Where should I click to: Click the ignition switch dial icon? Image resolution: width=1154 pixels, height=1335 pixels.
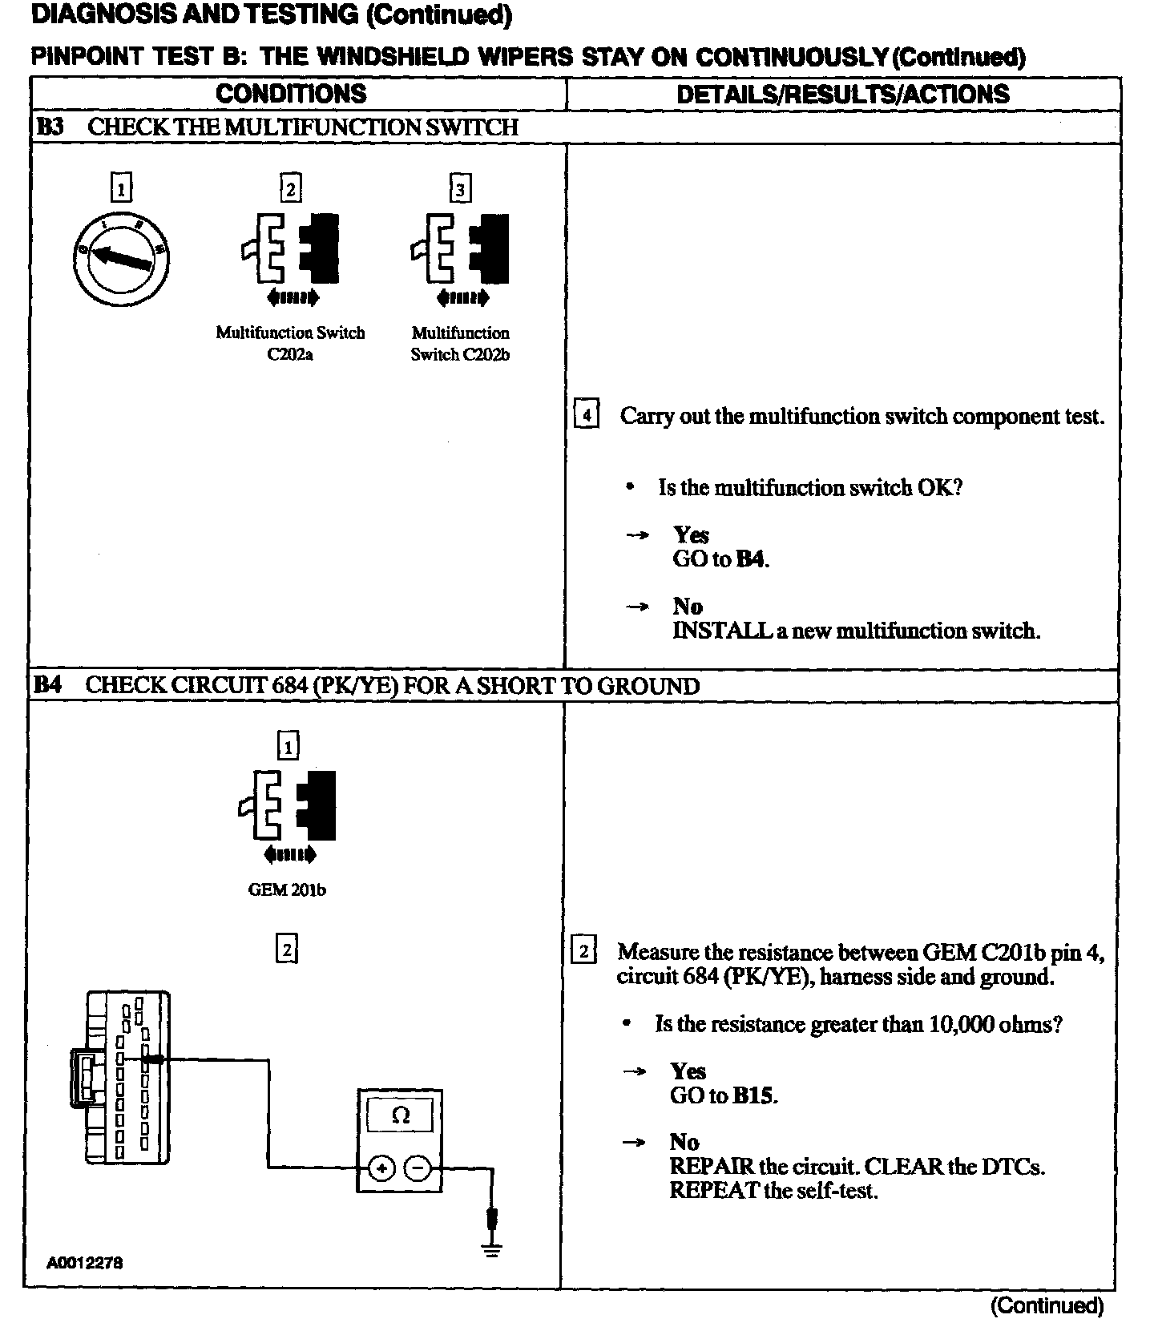(121, 258)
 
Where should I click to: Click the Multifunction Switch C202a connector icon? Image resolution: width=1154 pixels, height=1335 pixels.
(290, 248)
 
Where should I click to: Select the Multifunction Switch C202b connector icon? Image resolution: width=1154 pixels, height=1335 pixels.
(460, 248)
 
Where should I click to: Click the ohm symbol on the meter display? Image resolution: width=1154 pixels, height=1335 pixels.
(401, 1115)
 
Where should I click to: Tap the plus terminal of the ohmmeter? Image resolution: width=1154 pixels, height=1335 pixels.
(382, 1168)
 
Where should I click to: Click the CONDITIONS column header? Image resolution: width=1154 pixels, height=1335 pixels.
(291, 94)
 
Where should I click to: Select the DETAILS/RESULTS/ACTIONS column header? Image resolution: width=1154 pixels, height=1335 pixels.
(843, 94)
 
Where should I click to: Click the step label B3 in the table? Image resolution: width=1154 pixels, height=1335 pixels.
(50, 127)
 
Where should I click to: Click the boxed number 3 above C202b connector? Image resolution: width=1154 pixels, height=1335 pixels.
(460, 189)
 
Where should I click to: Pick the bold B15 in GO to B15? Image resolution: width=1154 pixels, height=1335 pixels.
(754, 1095)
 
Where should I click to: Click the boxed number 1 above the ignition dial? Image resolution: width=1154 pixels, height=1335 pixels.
(121, 189)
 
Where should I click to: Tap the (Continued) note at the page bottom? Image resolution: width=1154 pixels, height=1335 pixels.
(1047, 1306)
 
